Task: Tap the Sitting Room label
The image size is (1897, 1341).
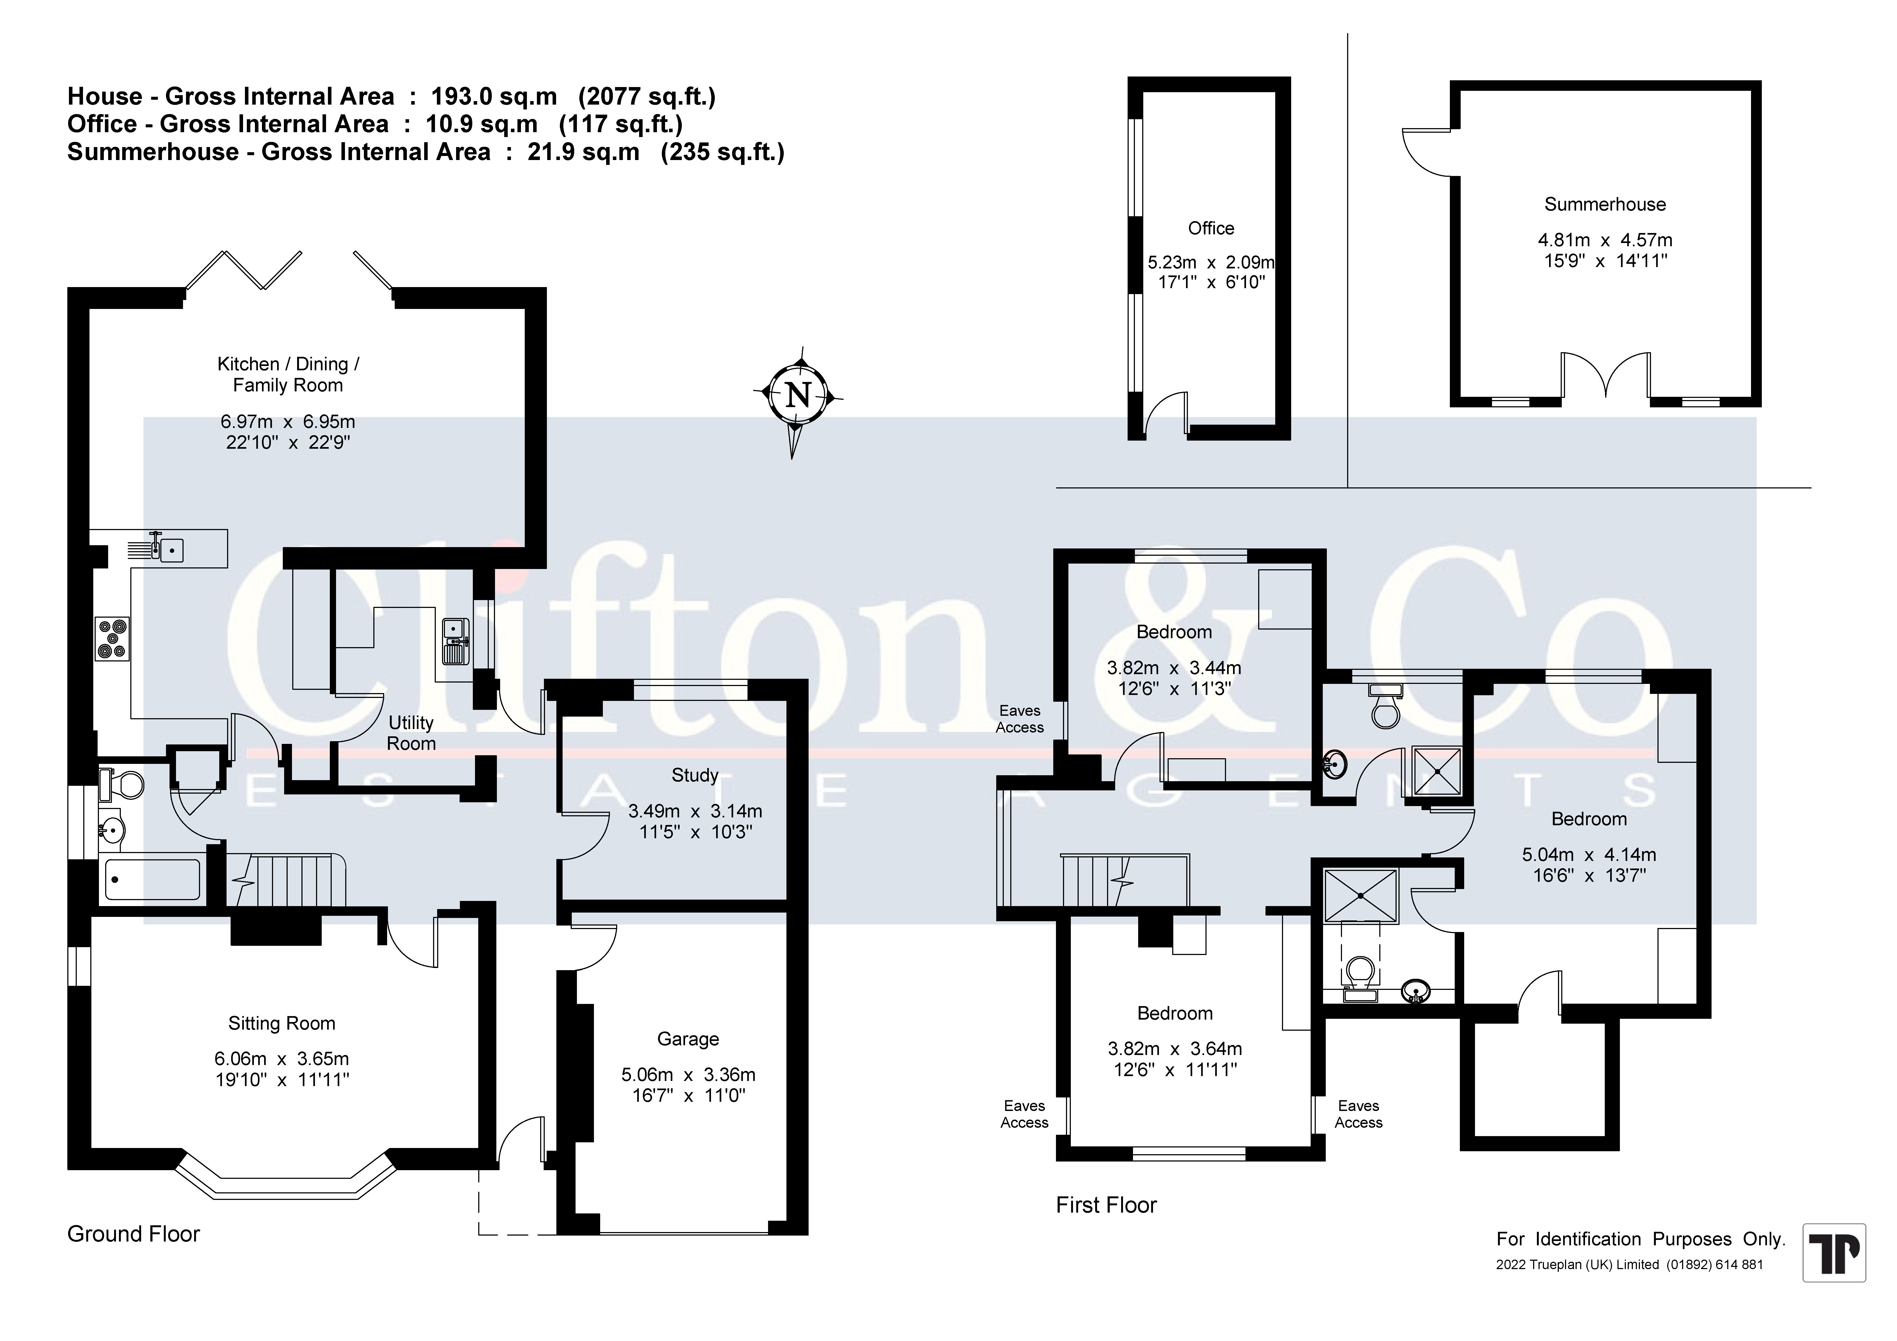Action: point(282,1024)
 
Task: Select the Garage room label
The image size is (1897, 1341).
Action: point(688,1039)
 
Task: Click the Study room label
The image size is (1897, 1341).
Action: point(695,775)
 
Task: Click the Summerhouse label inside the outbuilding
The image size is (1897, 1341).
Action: point(1604,204)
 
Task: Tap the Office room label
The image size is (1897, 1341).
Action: point(1211,228)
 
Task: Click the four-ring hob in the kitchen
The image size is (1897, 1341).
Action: point(112,639)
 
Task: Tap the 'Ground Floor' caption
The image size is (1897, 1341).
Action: point(134,1234)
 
